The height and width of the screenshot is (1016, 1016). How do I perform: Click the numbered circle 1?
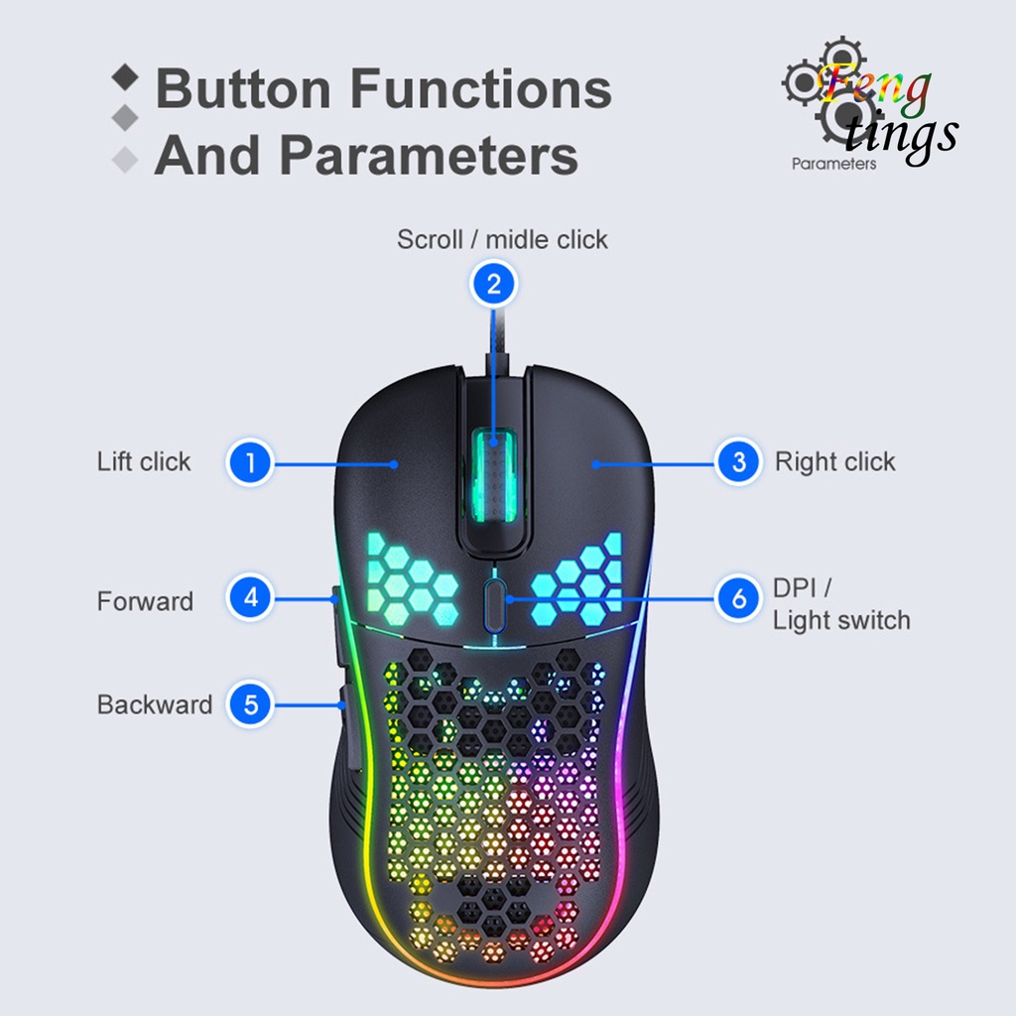pyautogui.click(x=251, y=462)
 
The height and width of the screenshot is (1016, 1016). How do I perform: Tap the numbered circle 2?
pyautogui.click(x=494, y=285)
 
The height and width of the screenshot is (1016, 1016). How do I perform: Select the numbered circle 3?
pyautogui.click(x=738, y=462)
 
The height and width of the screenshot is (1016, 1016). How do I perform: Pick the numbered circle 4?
pyautogui.click(x=251, y=597)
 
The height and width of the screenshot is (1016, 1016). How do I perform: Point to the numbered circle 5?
pyautogui.click(x=251, y=704)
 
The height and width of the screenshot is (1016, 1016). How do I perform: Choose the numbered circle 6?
pyautogui.click(x=738, y=598)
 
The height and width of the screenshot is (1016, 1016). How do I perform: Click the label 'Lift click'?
pyautogui.click(x=144, y=461)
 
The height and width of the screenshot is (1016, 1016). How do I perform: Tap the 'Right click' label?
pyautogui.click(x=834, y=461)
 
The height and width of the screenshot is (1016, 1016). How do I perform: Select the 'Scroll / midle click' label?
pyautogui.click(x=502, y=239)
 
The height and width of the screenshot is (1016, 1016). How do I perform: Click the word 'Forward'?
pyautogui.click(x=145, y=601)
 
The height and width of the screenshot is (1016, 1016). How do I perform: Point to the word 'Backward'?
pyautogui.click(x=155, y=704)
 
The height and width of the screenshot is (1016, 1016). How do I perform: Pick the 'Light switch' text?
pyautogui.click(x=841, y=621)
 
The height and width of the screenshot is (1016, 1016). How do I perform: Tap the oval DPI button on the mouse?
pyautogui.click(x=494, y=602)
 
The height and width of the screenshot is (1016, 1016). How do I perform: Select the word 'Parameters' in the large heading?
pyautogui.click(x=429, y=156)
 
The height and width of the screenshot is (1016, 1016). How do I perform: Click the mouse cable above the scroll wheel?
pyautogui.click(x=493, y=337)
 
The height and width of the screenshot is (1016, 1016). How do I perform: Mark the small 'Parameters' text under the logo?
pyautogui.click(x=833, y=164)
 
